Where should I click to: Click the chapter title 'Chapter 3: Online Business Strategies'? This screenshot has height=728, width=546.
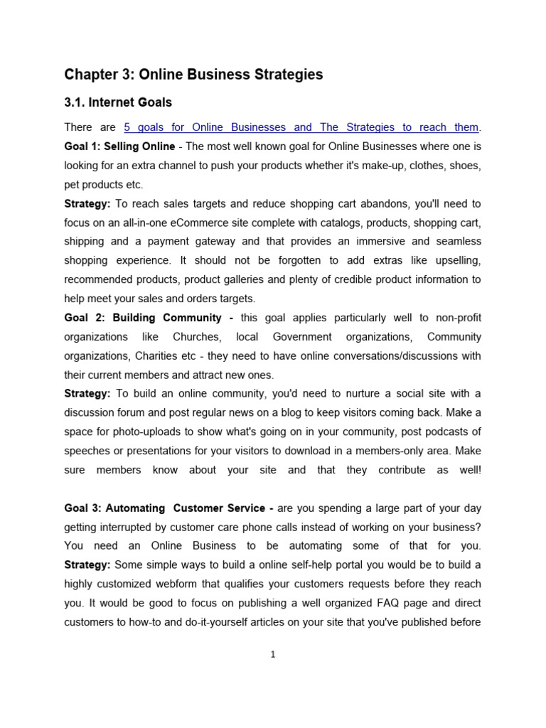click(193, 75)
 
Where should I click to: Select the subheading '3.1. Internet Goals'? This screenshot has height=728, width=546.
click(118, 103)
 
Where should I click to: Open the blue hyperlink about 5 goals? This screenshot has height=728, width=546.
click(301, 127)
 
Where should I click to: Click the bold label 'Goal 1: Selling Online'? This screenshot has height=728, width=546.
click(119, 146)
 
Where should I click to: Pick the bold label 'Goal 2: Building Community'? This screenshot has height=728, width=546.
click(146, 318)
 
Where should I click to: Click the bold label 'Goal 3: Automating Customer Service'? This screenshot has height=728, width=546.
click(168, 508)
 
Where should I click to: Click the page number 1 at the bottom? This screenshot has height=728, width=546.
click(273, 655)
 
